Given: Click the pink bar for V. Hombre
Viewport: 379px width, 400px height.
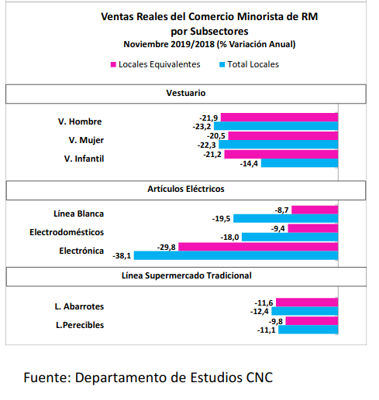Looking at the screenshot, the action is (279, 118).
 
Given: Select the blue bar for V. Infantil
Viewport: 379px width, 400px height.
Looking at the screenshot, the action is (299, 163).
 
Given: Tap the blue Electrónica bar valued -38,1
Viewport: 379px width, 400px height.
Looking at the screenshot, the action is (236, 255).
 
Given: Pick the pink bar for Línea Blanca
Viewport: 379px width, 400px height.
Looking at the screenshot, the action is (315, 210).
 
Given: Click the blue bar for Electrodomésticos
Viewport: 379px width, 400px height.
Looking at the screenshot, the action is (290, 237).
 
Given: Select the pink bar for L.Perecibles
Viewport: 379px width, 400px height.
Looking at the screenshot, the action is (312, 321).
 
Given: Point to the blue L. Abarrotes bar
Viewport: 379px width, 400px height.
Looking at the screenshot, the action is (305, 311).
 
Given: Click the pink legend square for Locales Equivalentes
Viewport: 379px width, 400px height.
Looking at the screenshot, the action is (113, 64).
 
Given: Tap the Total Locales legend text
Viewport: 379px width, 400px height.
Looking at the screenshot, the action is (253, 64).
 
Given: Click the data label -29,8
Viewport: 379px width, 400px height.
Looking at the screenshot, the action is (167, 248).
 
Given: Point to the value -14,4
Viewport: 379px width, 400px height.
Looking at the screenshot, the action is (249, 164).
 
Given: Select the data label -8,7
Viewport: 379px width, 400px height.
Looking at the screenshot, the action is (281, 210).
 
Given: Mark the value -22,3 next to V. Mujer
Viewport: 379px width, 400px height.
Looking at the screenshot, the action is (206, 145).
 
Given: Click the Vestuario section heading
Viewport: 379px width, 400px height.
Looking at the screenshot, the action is (186, 93).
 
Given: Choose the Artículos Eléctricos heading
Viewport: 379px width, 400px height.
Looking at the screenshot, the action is (186, 189).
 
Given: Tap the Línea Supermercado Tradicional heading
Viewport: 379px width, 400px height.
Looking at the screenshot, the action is (187, 275).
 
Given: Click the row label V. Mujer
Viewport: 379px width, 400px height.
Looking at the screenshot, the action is (86, 140).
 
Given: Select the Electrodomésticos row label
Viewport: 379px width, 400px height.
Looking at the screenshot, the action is (67, 232).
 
